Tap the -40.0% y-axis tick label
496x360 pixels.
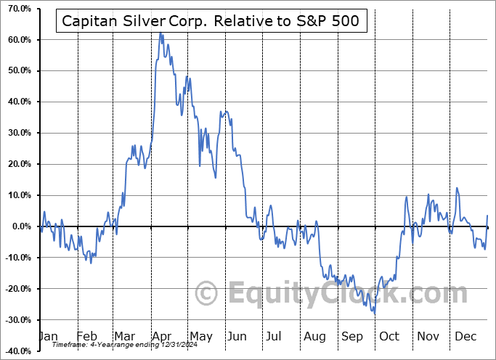17,352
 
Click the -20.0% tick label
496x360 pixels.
17,290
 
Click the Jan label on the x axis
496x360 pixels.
48,336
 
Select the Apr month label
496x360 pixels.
163,336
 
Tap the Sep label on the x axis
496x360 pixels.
352,336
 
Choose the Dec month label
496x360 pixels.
465,336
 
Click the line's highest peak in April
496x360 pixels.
160,33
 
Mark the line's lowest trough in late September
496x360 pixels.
375,314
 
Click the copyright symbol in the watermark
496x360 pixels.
208,294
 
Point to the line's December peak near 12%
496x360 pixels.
457,189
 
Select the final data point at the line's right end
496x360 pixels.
487,216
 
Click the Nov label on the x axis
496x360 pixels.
427,336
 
